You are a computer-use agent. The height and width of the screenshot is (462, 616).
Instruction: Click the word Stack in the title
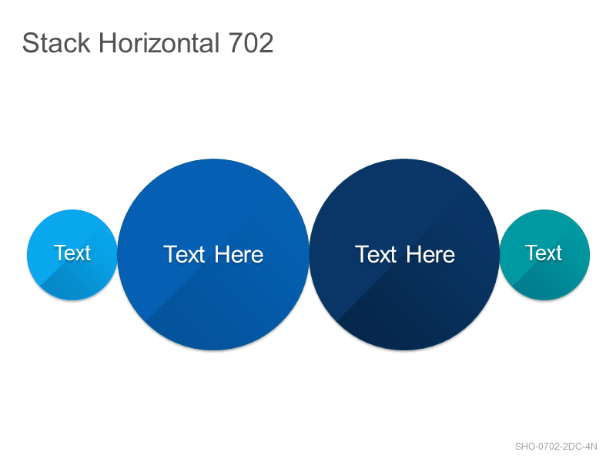tap(56, 43)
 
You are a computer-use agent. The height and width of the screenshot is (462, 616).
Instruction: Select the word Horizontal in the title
tap(159, 43)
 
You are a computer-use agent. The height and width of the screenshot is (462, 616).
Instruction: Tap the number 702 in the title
tap(251, 43)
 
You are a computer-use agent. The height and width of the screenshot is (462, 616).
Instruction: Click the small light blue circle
tap(72, 255)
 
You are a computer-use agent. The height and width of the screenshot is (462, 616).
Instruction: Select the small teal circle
tap(544, 255)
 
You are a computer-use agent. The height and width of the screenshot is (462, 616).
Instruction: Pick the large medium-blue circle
tap(213, 255)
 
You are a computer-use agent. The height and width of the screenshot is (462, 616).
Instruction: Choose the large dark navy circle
tap(405, 255)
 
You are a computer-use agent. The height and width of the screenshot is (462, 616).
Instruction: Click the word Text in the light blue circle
tap(72, 253)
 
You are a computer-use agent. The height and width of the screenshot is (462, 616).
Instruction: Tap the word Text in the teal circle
tap(544, 253)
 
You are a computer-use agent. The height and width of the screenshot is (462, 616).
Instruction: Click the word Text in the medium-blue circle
tap(184, 255)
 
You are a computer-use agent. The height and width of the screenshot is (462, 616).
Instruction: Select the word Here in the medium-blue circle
tap(239, 255)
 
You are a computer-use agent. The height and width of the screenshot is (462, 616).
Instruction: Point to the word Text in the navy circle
tap(376, 255)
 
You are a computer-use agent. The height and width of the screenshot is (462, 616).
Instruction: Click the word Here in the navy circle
tap(430, 255)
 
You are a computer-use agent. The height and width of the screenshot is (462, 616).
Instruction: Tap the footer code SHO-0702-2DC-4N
tap(556, 447)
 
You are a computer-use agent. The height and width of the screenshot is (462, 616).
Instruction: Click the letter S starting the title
tap(30, 43)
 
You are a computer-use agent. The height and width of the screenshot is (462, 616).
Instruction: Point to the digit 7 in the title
tap(236, 43)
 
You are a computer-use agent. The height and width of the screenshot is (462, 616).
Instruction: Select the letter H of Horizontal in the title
tap(107, 43)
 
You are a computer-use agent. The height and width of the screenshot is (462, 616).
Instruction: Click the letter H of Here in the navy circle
tap(413, 255)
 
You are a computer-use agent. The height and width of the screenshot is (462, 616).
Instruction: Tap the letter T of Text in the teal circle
tap(532, 253)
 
